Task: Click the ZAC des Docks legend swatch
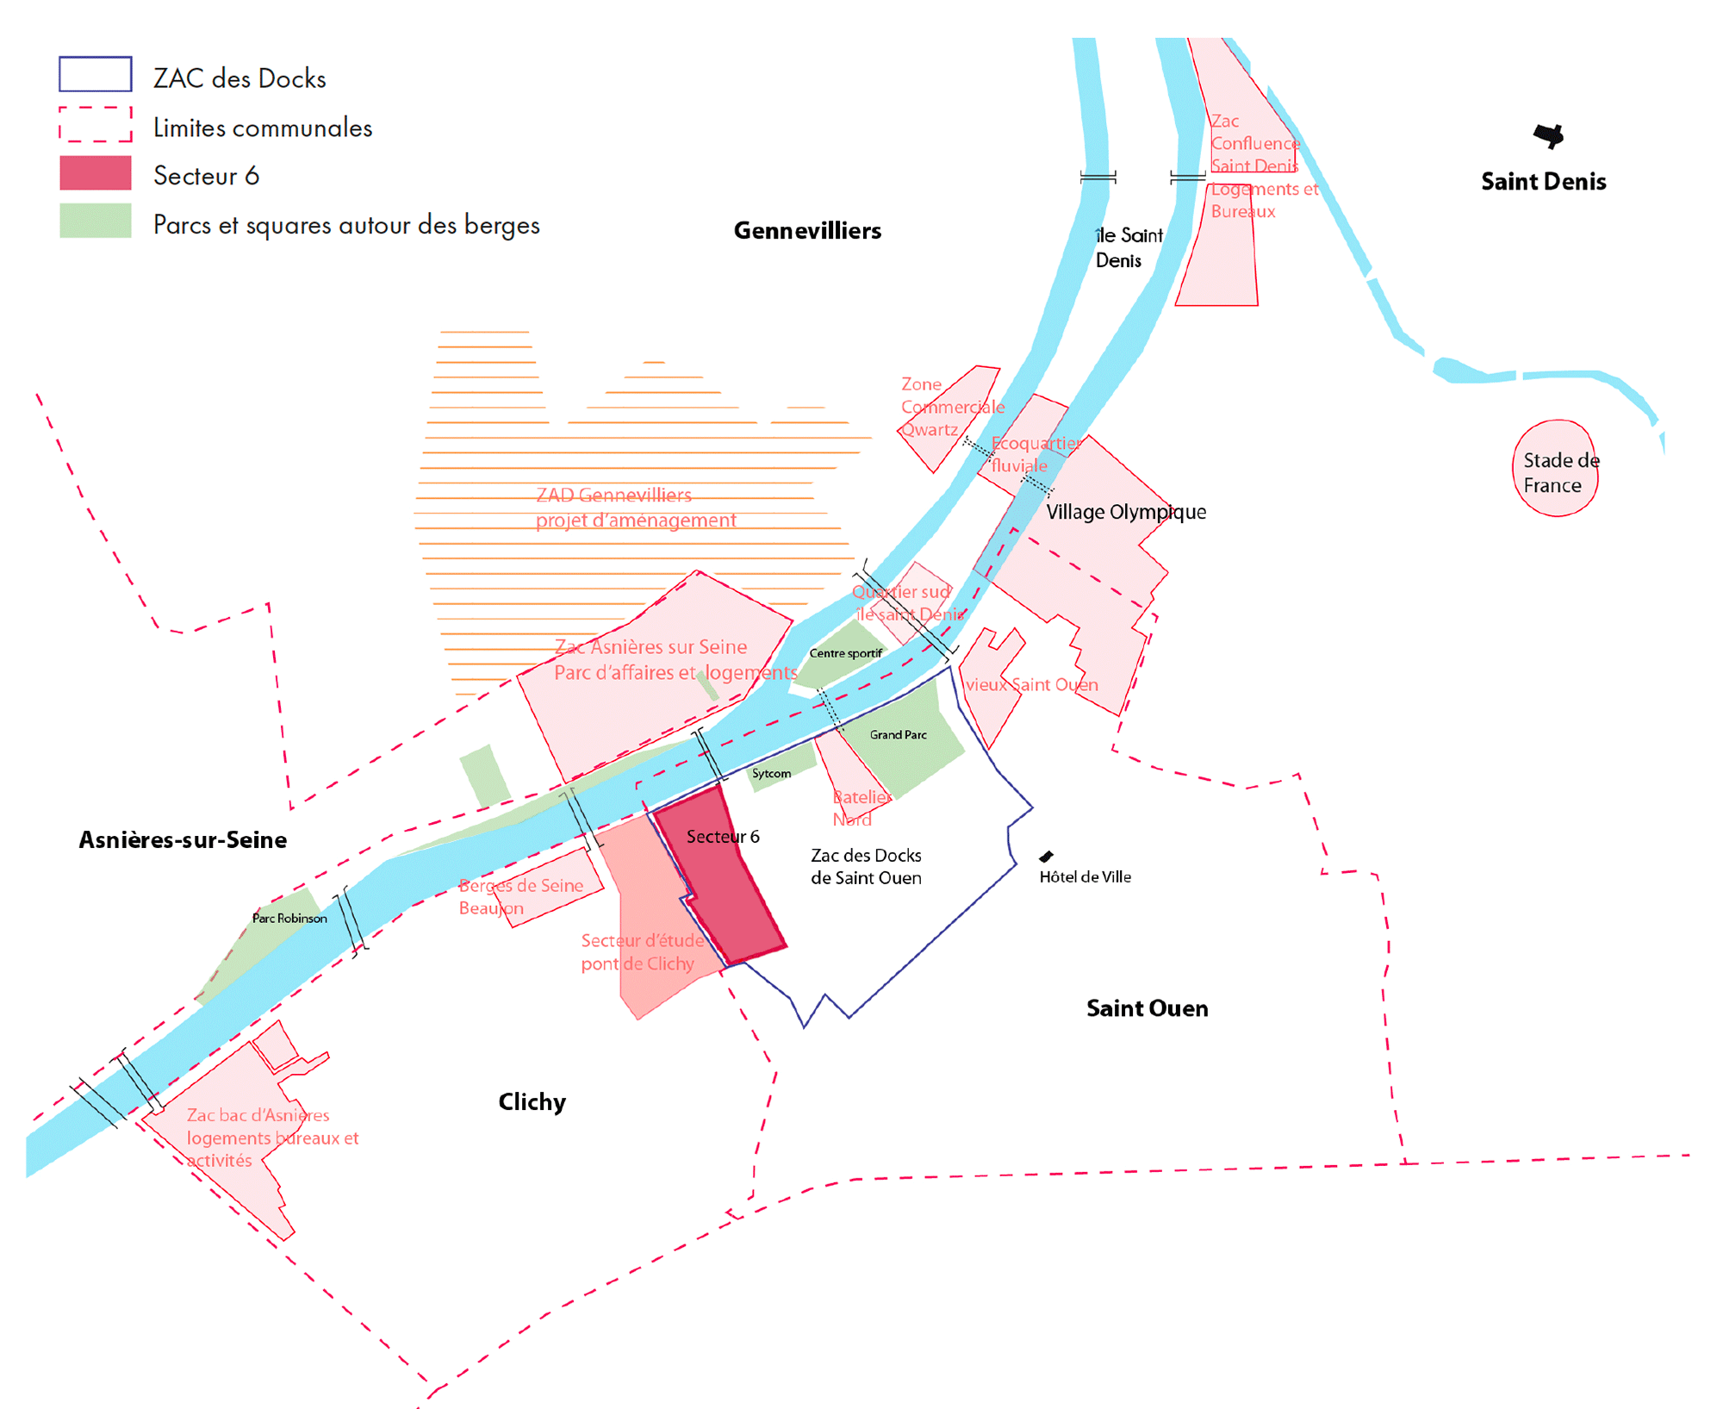pyautogui.click(x=95, y=74)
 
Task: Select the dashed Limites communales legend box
pyautogui.click(x=95, y=124)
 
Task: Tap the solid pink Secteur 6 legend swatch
pyautogui.click(x=95, y=173)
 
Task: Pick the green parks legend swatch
pyautogui.click(x=95, y=221)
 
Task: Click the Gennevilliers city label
pyautogui.click(x=807, y=231)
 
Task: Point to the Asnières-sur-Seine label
pyautogui.click(x=183, y=840)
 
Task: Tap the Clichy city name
pyautogui.click(x=532, y=1102)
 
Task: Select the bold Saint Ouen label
pyautogui.click(x=1147, y=1008)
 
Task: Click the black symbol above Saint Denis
pyautogui.click(x=1548, y=135)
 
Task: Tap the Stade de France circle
pyautogui.click(x=1555, y=469)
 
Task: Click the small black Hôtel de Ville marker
pyautogui.click(x=1046, y=857)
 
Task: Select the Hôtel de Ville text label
pyautogui.click(x=1085, y=877)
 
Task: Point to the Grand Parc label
pyautogui.click(x=898, y=735)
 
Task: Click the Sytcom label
pyautogui.click(x=771, y=774)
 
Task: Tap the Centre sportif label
pyautogui.click(x=845, y=653)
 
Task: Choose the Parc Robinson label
pyautogui.click(x=289, y=919)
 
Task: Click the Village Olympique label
pyautogui.click(x=1125, y=512)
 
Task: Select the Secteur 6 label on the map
pyautogui.click(x=723, y=837)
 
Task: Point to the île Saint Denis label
pyautogui.click(x=1129, y=248)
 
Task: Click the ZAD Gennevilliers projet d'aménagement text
pyautogui.click(x=636, y=508)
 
